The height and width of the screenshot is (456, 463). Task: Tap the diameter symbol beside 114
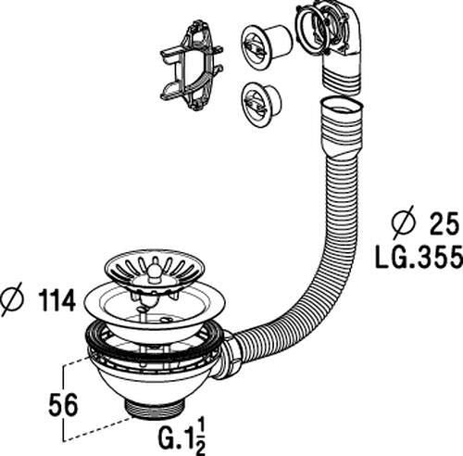(14, 301)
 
